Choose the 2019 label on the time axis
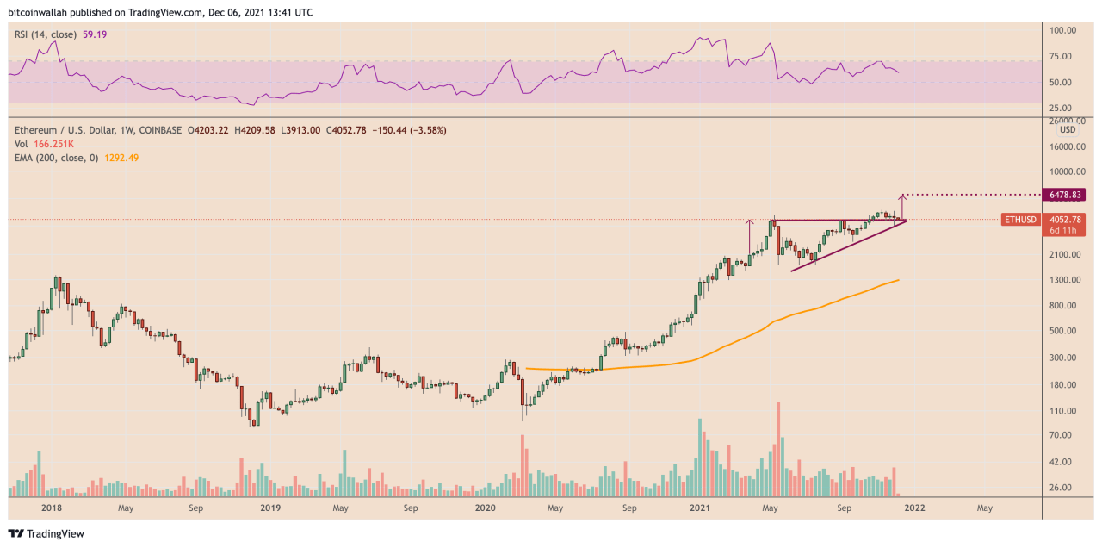(x=271, y=508)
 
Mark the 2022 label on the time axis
(x=913, y=508)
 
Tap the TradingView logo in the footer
(x=48, y=534)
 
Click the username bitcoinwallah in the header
(x=39, y=13)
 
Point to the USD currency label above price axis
(x=1068, y=129)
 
